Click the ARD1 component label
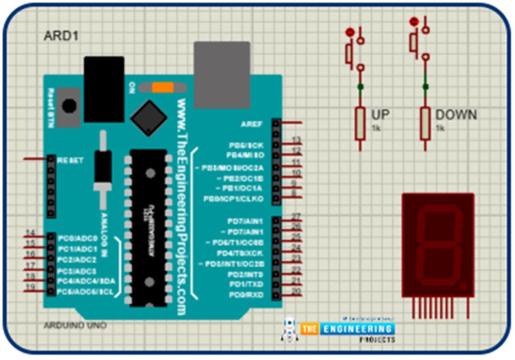tap(61, 36)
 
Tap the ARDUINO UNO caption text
tap(75, 325)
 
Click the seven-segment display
tap(438, 245)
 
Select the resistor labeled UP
tap(360, 123)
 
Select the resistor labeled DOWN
tap(425, 123)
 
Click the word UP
tap(380, 115)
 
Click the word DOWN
tap(456, 115)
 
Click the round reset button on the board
tap(69, 106)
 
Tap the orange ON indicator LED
tap(162, 87)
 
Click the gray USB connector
tap(222, 74)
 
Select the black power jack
tap(104, 89)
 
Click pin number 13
tap(296, 140)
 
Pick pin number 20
tap(296, 291)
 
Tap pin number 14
tap(30, 232)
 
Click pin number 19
tap(30, 287)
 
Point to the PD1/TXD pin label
tap(246, 285)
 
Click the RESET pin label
tap(70, 160)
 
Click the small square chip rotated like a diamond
tap(148, 118)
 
